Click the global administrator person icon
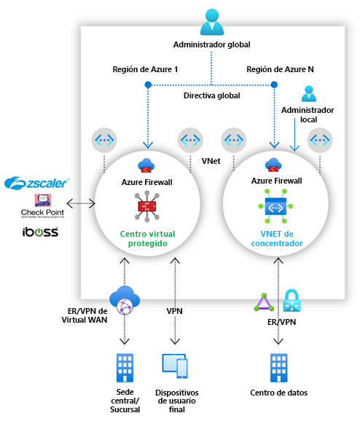click(211, 22)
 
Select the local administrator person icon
click(309, 94)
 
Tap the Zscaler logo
click(36, 182)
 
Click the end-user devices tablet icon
click(174, 366)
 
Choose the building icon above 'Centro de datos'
click(278, 366)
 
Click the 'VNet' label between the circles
click(211, 159)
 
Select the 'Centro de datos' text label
click(278, 393)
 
